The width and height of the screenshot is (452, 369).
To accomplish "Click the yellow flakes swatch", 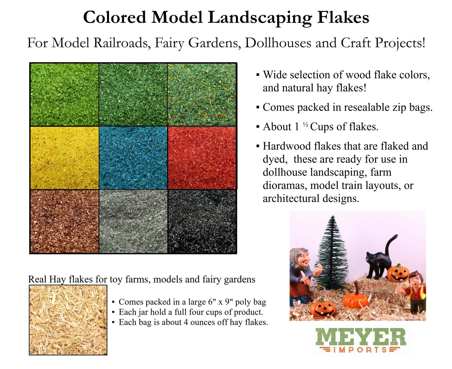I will (64, 158).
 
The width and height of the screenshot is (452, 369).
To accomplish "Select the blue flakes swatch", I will (133, 158).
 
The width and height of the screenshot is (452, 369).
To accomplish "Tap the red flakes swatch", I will (202, 158).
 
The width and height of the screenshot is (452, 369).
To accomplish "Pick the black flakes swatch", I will (202, 221).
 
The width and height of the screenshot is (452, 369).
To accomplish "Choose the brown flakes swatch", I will (64, 221).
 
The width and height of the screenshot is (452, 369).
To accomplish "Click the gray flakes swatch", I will (133, 221).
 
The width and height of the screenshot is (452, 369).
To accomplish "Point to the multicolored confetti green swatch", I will (202, 94).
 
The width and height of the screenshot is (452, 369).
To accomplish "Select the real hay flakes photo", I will (68, 320).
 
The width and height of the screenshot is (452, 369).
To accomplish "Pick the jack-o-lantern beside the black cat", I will (398, 273).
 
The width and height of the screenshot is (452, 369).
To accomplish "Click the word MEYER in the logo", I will (361, 337).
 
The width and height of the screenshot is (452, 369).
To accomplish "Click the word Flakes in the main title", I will (343, 18).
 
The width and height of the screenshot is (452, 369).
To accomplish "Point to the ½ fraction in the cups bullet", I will (305, 125).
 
